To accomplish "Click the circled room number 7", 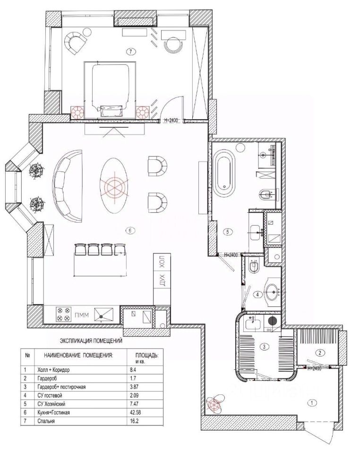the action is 131,52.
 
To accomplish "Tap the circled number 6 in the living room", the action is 130,230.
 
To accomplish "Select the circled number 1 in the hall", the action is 312,402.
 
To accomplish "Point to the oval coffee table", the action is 114,185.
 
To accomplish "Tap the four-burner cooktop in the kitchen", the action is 64,314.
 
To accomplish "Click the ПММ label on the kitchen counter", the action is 82,315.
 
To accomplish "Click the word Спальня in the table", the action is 46,421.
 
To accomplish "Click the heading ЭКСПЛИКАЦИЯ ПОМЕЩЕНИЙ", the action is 91,341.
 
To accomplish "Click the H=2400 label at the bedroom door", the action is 171,120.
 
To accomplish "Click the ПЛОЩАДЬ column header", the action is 147,355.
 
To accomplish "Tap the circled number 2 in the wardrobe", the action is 319,353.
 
